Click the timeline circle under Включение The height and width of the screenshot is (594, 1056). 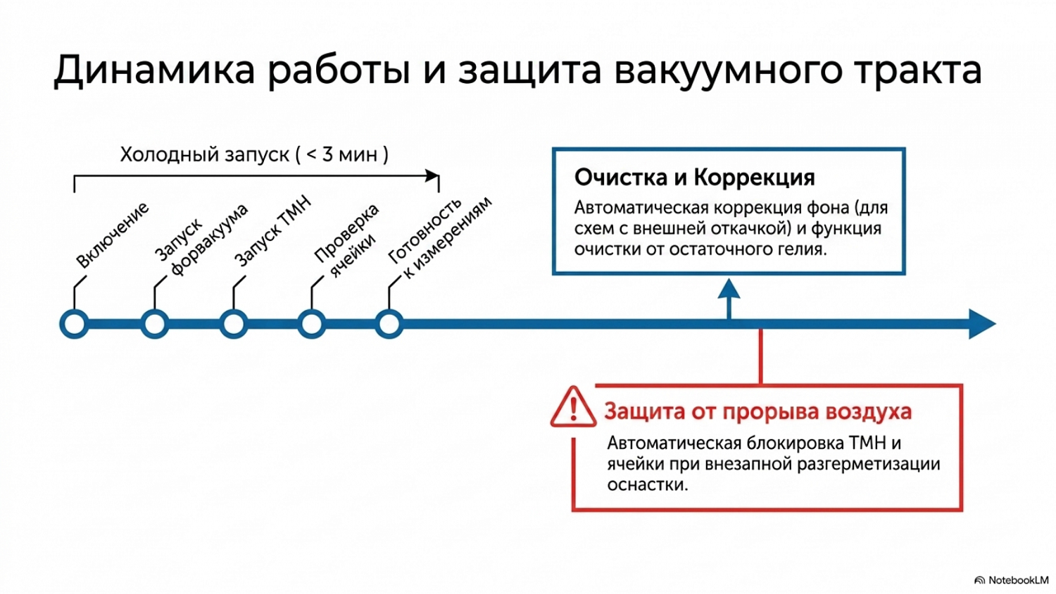click(x=74, y=324)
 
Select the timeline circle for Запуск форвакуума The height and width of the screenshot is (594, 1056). click(x=155, y=324)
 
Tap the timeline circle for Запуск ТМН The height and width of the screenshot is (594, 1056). click(x=233, y=324)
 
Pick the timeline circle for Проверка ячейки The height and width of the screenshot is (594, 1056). click(x=312, y=324)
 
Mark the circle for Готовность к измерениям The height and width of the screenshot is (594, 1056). click(x=389, y=324)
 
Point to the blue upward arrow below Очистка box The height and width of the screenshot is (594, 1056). click(x=729, y=299)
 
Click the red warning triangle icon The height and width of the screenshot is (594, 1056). click(x=573, y=407)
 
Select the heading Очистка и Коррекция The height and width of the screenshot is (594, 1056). click(x=694, y=178)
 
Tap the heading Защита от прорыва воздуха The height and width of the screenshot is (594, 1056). click(x=758, y=412)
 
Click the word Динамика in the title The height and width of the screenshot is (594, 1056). click(x=155, y=70)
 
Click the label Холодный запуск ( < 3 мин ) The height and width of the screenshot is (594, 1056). click(x=254, y=155)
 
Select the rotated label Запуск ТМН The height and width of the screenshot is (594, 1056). click(x=273, y=230)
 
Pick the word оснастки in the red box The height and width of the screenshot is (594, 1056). click(x=647, y=485)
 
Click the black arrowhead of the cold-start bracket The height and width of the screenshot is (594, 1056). click(x=432, y=176)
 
